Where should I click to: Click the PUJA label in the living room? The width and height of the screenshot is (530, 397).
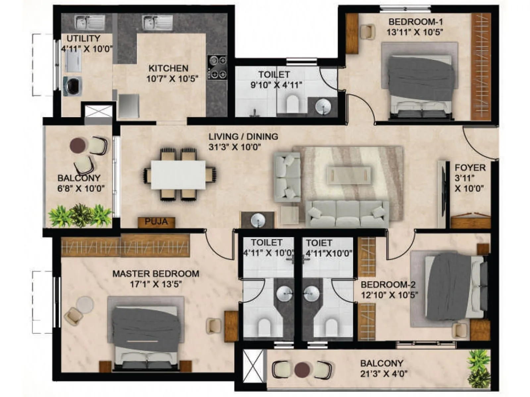[156, 221]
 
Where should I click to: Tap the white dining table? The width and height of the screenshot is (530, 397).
[178, 175]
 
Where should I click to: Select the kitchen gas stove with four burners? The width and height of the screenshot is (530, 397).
[217, 67]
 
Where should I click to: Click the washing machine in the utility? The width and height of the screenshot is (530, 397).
[73, 86]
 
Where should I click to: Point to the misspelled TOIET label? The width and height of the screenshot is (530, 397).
[319, 243]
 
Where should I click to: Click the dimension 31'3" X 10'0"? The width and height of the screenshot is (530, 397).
[235, 147]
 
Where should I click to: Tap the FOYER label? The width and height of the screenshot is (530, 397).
[470, 168]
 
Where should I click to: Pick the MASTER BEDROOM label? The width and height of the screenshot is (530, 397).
[156, 274]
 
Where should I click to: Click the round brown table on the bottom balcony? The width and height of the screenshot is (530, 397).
[302, 369]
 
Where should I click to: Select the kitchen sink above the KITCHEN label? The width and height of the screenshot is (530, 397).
[158, 23]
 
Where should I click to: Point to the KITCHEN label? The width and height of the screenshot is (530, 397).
[168, 68]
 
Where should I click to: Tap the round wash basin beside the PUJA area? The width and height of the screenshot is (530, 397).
[258, 220]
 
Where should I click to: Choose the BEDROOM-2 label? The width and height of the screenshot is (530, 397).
[388, 285]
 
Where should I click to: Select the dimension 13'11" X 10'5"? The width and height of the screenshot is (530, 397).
[415, 32]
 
